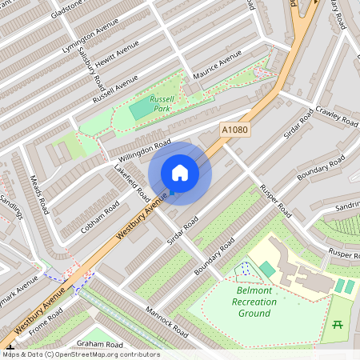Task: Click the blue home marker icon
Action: point(180,173)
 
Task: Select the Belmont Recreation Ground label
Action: point(254,302)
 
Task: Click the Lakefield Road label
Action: point(132,183)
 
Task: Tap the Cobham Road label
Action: point(100,217)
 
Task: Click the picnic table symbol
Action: point(338,325)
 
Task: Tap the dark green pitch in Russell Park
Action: point(140,108)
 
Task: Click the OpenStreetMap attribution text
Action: point(82,354)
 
